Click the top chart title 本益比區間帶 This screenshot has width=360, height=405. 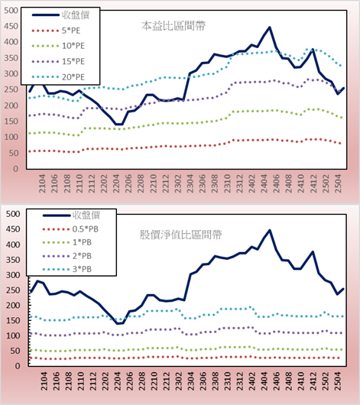[x=174, y=26]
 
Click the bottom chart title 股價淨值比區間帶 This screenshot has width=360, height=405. [x=180, y=235]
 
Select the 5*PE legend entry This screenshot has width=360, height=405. [x=56, y=31]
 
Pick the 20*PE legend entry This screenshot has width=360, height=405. [x=58, y=77]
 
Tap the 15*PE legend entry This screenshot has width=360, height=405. [x=58, y=61]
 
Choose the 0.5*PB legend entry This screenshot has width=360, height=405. [x=70, y=229]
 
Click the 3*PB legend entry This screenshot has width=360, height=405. [x=67, y=269]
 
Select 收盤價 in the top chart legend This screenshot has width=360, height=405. [x=60, y=15]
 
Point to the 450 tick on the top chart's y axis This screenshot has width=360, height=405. [x=11, y=26]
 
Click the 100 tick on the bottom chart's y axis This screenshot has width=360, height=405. [x=13, y=335]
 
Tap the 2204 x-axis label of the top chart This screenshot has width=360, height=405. [x=116, y=183]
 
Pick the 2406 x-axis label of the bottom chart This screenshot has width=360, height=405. [x=276, y=381]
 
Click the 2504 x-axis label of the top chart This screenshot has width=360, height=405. [x=338, y=183]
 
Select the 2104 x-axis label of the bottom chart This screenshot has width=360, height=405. [x=44, y=381]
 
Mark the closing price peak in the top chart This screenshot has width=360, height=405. [x=270, y=27]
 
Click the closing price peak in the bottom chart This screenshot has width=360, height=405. [x=270, y=230]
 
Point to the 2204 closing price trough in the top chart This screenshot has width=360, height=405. [x=119, y=125]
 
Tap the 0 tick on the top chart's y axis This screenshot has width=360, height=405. [x=16, y=169]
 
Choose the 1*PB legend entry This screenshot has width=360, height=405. [x=67, y=242]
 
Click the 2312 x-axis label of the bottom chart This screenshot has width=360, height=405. [x=239, y=381]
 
